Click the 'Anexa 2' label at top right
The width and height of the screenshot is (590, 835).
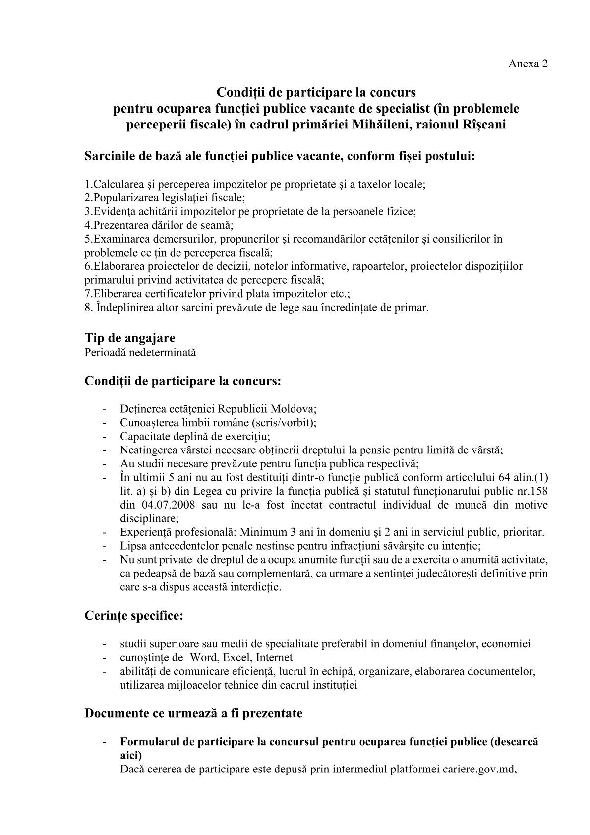click(x=528, y=64)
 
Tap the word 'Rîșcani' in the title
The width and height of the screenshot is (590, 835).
click(x=485, y=124)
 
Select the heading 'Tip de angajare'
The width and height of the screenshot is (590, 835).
click(x=130, y=338)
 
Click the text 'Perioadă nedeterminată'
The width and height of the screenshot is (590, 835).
click(x=140, y=352)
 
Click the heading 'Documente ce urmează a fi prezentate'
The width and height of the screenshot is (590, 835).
click(x=193, y=713)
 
